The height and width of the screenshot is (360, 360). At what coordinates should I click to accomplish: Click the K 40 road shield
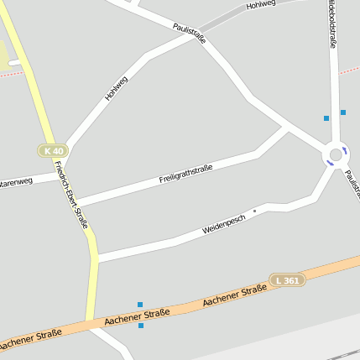pyautogui.click(x=52, y=150)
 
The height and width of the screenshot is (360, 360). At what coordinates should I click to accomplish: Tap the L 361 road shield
pyautogui.click(x=288, y=279)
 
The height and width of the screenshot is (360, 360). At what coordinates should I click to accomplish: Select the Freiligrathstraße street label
pyautogui.click(x=185, y=175)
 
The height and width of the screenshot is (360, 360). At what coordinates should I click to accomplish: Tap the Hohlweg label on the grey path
pyautogui.click(x=261, y=5)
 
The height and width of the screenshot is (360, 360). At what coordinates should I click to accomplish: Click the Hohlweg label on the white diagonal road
pyautogui.click(x=117, y=88)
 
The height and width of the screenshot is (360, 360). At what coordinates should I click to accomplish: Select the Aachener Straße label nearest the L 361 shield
pyautogui.click(x=234, y=295)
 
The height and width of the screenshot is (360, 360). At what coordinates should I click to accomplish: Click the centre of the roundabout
pyautogui.click(x=336, y=154)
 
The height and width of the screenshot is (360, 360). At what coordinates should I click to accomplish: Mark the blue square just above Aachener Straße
pyautogui.click(x=140, y=305)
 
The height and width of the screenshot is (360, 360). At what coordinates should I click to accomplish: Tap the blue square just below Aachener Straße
pyautogui.click(x=141, y=326)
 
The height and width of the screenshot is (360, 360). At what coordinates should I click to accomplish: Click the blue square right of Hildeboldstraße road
pyautogui.click(x=342, y=112)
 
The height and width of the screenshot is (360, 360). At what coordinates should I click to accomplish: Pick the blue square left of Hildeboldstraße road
pyautogui.click(x=326, y=118)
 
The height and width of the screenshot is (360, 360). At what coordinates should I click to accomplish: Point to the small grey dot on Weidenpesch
pyautogui.click(x=254, y=211)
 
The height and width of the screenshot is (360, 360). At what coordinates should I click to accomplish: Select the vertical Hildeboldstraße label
pyautogui.click(x=332, y=25)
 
